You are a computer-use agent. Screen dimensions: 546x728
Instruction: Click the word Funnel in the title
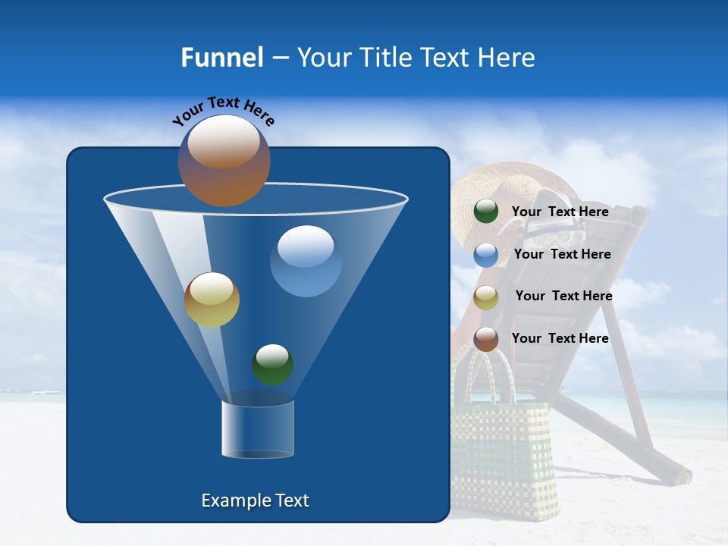(221, 58)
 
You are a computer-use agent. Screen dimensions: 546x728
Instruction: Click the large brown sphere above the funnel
(224, 161)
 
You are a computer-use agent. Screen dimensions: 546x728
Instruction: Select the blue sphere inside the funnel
(306, 261)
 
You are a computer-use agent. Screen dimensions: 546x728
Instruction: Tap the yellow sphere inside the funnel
(212, 300)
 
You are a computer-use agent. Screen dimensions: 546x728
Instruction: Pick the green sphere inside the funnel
(272, 365)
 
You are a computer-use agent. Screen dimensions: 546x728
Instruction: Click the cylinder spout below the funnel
(258, 429)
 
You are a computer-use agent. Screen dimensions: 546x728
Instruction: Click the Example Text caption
(255, 500)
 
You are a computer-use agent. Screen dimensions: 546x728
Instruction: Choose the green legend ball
(486, 212)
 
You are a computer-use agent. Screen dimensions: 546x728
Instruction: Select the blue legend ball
(486, 255)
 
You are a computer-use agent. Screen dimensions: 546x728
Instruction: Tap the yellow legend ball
(486, 297)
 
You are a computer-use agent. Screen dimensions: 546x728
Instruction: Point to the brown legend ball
(486, 339)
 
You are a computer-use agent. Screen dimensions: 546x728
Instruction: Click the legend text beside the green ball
(560, 212)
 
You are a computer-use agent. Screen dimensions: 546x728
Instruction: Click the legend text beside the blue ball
(562, 254)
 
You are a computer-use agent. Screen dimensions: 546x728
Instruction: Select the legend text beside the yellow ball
(563, 296)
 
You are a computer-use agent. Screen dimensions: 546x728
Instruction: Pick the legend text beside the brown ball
(560, 338)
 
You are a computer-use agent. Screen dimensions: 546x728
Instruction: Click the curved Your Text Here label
(223, 111)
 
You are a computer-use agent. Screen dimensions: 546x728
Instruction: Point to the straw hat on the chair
(516, 190)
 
